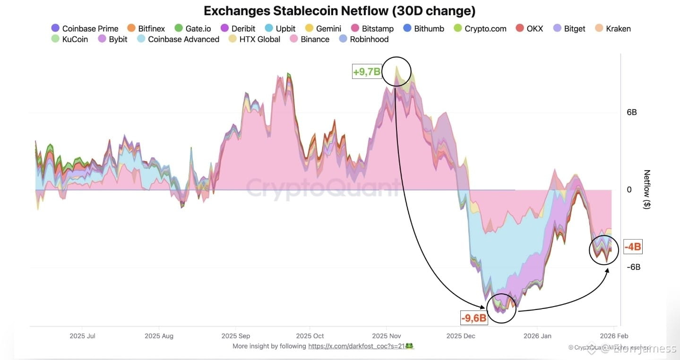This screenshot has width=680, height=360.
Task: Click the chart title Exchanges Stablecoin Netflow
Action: click(x=339, y=11)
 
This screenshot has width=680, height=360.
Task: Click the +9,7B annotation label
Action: click(x=367, y=72)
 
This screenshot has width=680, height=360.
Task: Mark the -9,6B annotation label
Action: click(x=474, y=318)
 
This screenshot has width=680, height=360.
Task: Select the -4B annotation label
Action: click(x=633, y=247)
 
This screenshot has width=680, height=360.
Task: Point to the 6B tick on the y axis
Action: click(x=632, y=112)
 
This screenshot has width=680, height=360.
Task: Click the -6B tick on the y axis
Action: click(x=633, y=267)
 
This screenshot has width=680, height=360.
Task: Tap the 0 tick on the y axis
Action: click(x=629, y=189)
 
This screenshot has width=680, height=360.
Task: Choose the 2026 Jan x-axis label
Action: click(x=537, y=336)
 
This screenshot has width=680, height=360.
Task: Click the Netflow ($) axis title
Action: click(x=647, y=189)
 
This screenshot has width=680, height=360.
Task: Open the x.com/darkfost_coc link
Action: click(x=361, y=346)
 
